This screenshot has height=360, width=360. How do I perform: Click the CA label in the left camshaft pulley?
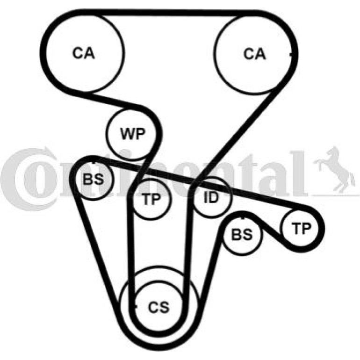83,53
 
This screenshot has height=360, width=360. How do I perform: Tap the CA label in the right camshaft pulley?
254,54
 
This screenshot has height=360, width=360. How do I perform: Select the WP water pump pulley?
133,134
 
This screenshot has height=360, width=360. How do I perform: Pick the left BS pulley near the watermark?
94,180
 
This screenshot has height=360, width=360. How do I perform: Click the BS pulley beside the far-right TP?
243,235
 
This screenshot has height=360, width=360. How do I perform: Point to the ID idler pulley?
212,197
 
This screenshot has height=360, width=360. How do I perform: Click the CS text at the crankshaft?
158,307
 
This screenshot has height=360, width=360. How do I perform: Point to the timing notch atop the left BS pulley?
93,163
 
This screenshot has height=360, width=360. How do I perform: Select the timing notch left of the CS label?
136,306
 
